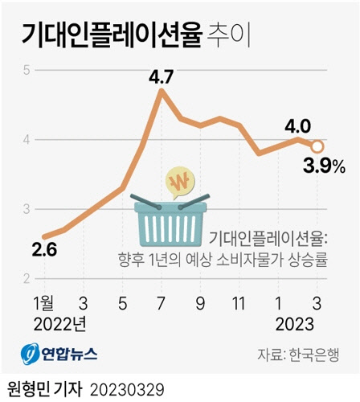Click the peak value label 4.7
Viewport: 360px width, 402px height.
pos(162,78)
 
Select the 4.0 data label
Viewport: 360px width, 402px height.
pos(297,126)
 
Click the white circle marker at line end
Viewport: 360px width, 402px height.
pos(317,146)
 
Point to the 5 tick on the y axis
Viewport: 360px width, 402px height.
pos(27,70)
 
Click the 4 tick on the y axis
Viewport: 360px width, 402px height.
pos(27,140)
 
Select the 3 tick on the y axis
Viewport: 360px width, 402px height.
pos(27,210)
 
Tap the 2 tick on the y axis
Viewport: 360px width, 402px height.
pos(27,279)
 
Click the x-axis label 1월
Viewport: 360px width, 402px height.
pos(44,303)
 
